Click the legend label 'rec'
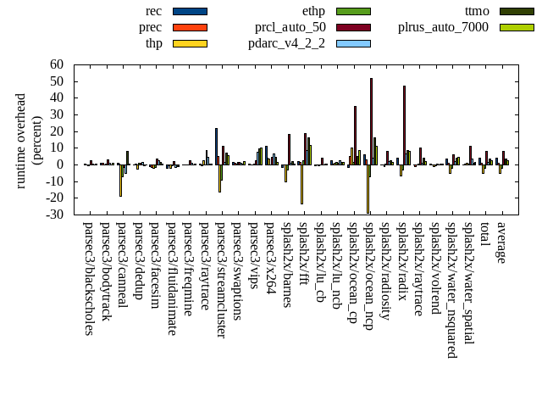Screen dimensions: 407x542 pos(153,11)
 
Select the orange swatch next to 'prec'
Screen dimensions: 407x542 pos(190,27)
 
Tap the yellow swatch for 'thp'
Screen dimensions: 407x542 pos(190,43)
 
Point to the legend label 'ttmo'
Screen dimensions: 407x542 pos(478,11)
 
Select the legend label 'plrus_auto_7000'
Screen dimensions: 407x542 pos(443,27)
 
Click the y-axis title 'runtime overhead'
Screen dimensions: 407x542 pos(22,139)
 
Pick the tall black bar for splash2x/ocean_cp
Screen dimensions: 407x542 pos(355,135)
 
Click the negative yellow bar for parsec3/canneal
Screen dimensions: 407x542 pos(120,180)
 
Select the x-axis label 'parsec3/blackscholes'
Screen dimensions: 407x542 pos(89,279)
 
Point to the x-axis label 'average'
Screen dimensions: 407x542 pos(501,243)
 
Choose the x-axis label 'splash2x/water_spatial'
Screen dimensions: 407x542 pos(468,284)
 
